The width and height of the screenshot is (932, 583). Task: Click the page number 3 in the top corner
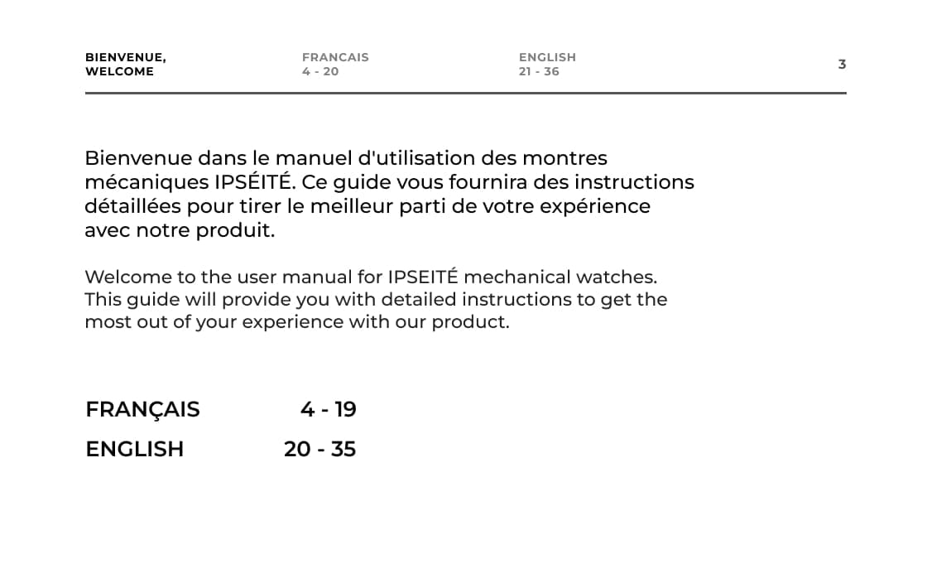(x=842, y=65)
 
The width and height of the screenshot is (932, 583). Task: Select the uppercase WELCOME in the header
(x=119, y=71)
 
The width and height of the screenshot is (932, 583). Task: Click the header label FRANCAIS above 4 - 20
(x=335, y=57)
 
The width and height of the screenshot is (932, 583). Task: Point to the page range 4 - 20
(x=320, y=71)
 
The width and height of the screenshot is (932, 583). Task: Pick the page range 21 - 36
(x=539, y=71)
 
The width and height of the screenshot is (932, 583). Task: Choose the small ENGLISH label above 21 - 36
(x=547, y=57)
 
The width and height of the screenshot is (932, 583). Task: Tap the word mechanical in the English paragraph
(x=516, y=277)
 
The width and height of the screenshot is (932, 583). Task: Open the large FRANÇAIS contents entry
(x=142, y=409)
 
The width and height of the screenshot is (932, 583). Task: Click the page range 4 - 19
(x=328, y=409)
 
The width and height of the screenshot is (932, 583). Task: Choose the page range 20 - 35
(x=319, y=449)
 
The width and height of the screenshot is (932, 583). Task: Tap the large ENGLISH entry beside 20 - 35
(x=134, y=449)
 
